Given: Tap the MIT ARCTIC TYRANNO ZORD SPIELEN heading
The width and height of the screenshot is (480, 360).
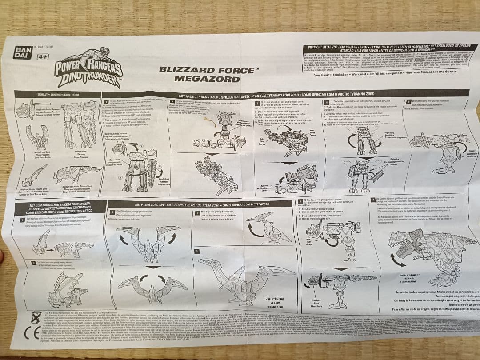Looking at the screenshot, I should click(x=284, y=95).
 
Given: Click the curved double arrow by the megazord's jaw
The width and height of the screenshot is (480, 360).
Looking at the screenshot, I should click(x=398, y=260).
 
